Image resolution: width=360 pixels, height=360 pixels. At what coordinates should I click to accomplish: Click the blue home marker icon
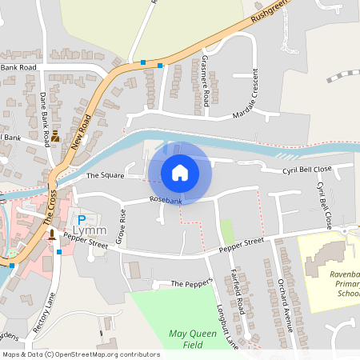180,172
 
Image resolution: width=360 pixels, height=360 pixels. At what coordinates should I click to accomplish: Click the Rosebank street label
166,201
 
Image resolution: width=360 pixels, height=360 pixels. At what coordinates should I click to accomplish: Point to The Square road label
105,175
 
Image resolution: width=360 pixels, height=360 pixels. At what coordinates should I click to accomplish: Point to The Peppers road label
191,284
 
